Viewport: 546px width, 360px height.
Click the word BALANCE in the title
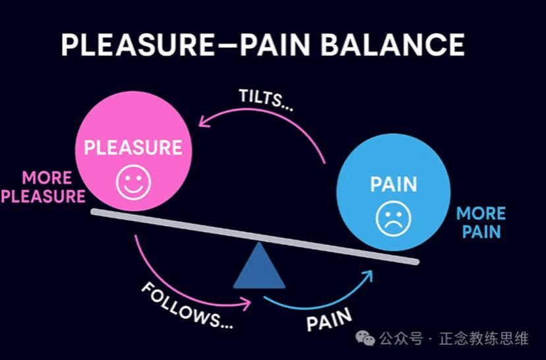(392, 45)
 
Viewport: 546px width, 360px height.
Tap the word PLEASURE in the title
(138, 45)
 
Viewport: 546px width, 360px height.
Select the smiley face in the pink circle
(133, 182)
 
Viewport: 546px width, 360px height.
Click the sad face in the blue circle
(394, 219)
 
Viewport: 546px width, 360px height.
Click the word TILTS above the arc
(261, 98)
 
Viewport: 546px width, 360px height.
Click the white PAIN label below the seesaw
(329, 319)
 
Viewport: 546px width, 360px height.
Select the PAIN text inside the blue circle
(394, 185)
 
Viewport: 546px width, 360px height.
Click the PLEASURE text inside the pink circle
(133, 148)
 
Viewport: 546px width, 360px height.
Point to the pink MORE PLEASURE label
(44, 187)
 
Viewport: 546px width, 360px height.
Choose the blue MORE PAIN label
(481, 222)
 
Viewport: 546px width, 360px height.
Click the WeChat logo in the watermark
(365, 338)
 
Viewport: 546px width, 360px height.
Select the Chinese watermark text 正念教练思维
(484, 338)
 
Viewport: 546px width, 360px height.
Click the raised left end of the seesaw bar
(94, 212)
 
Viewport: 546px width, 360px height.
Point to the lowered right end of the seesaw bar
(416, 262)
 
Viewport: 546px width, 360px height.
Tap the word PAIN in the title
(274, 45)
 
